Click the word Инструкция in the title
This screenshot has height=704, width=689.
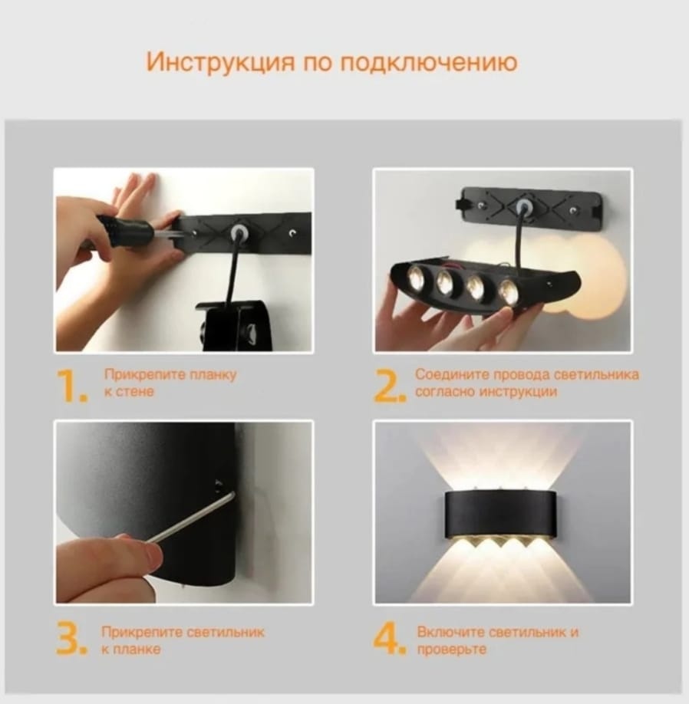pos(221,62)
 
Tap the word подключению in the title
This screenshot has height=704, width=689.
pos(428,63)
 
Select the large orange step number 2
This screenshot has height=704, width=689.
pos(390,386)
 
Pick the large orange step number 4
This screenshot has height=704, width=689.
pos(389,638)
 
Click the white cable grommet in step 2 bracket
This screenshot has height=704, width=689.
pos(523,206)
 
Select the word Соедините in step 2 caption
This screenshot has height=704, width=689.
pos(451,374)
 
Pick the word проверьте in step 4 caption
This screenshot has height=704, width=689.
pos(451,650)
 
